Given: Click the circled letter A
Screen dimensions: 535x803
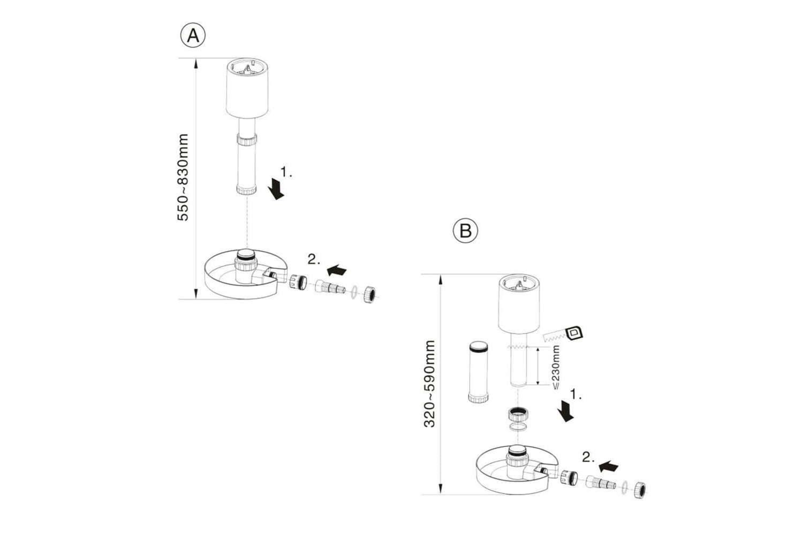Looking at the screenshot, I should click(x=193, y=36).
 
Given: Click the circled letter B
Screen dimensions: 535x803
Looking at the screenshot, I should click(x=465, y=231).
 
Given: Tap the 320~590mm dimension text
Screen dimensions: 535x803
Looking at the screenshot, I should click(x=429, y=384).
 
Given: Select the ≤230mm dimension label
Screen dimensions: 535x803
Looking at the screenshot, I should click(x=555, y=368).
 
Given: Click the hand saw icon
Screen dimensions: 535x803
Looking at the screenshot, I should click(x=563, y=335).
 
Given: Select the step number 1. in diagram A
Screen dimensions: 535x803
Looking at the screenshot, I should click(x=286, y=172).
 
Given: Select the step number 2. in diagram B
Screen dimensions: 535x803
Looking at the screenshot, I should click(x=588, y=458).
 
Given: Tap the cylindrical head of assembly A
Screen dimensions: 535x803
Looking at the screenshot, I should click(x=247, y=88).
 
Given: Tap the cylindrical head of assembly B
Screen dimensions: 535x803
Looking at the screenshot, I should click(x=519, y=305).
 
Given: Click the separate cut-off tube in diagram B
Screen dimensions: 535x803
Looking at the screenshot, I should click(x=479, y=371).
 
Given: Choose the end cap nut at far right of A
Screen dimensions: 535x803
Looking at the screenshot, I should click(x=369, y=295).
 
